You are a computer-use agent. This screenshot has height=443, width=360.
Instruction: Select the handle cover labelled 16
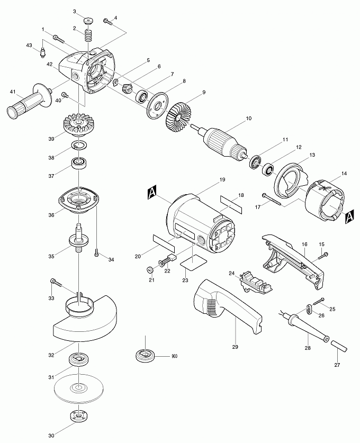point(291,259)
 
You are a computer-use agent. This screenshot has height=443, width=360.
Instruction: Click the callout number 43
point(29,46)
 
